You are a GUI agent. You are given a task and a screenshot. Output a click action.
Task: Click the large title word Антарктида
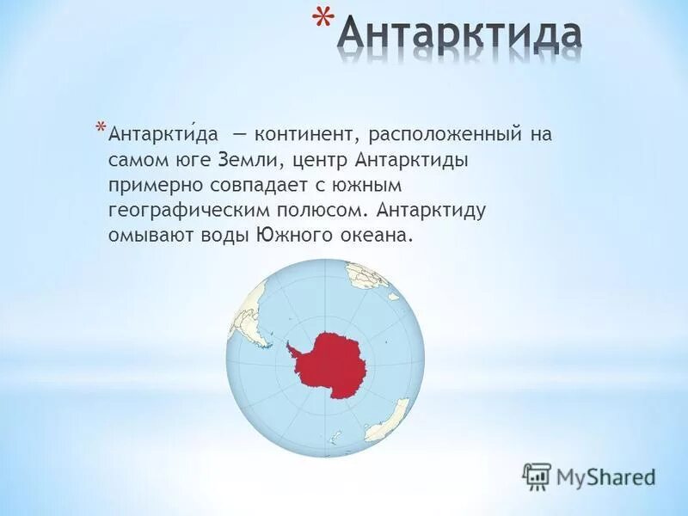click(458, 35)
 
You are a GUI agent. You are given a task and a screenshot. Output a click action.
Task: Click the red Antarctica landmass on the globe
click(333, 365)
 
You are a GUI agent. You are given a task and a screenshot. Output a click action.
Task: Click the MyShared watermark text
click(606, 476)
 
